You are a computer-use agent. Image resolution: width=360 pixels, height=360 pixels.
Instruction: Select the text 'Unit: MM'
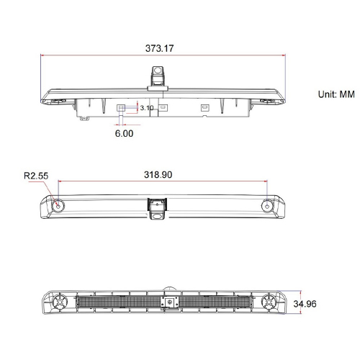(337, 94)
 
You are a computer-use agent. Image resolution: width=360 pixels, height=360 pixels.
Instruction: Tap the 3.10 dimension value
(147, 108)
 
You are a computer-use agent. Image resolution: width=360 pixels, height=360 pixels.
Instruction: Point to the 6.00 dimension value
(123, 133)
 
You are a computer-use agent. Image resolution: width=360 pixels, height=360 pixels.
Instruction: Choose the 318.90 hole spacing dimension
(162, 174)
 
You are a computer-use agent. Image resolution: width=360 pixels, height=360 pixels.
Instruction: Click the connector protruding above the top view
(157, 74)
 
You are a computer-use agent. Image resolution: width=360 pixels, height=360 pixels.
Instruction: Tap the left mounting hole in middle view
(58, 205)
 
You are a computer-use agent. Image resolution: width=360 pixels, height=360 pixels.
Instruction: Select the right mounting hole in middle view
(268, 205)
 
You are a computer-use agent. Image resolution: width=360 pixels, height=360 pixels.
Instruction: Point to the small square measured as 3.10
(122, 108)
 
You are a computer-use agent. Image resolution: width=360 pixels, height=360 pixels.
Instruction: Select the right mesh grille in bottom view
(216, 302)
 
